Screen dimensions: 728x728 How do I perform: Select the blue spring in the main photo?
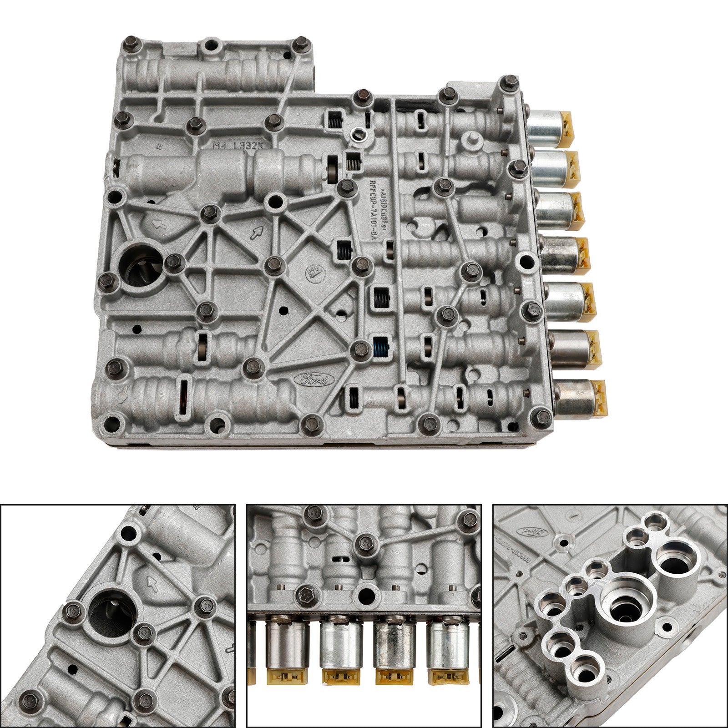[x=381, y=348]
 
